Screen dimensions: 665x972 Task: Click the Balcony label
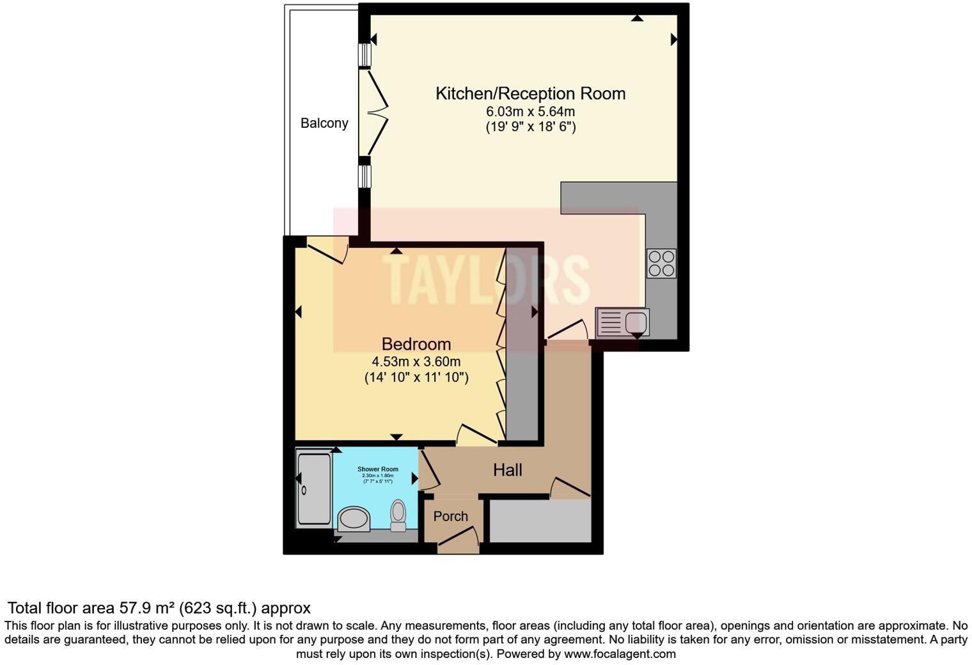click(x=324, y=123)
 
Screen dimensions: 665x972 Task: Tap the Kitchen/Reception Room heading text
click(x=530, y=93)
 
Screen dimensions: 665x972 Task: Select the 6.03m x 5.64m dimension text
click(x=530, y=111)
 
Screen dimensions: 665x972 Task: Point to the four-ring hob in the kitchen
click(x=661, y=263)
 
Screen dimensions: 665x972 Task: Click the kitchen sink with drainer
click(x=622, y=322)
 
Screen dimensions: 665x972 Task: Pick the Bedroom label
click(x=416, y=344)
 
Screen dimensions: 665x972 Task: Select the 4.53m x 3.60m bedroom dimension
click(x=416, y=362)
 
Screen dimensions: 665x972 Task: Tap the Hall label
click(x=508, y=471)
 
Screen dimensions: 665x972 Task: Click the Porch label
click(x=451, y=517)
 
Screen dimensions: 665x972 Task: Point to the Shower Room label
click(x=378, y=469)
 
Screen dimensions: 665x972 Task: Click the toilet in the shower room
click(x=398, y=515)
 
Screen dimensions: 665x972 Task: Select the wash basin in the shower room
click(x=354, y=519)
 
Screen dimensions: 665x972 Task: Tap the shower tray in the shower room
click(x=314, y=489)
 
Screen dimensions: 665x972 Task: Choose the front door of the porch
click(x=459, y=540)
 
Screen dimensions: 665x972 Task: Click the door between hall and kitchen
click(x=567, y=330)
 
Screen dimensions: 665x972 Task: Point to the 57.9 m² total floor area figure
click(x=147, y=608)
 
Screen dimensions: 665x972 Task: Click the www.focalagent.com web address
click(x=620, y=654)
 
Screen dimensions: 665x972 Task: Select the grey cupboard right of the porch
click(x=540, y=520)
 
